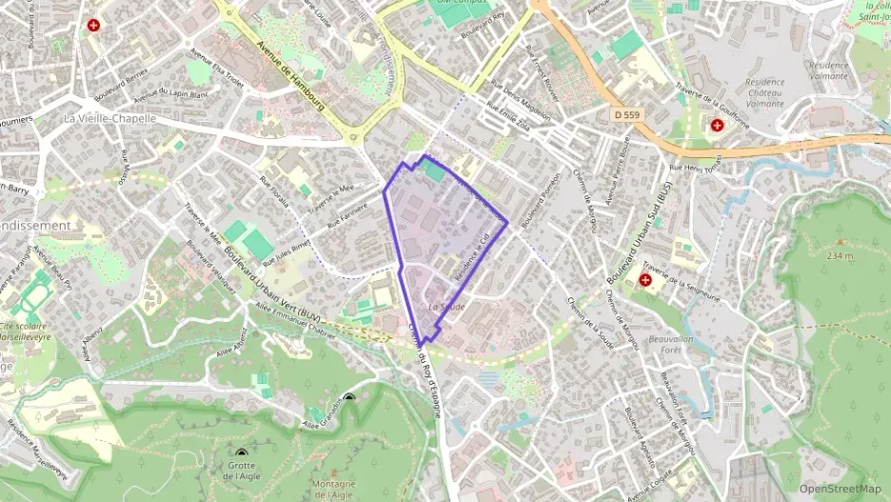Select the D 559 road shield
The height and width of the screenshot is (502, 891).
tap(625, 114)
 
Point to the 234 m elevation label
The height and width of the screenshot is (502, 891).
tap(840, 255)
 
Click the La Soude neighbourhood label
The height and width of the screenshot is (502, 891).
tap(446, 307)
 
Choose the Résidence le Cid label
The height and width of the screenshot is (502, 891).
tap(477, 255)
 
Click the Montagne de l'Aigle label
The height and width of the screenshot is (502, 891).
tap(332, 489)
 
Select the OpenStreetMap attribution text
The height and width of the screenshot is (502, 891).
tap(840, 489)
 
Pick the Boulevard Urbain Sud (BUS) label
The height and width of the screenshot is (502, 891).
tap(640, 231)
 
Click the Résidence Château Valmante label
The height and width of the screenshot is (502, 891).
tap(752, 93)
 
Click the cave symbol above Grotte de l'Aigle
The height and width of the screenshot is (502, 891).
tap(242, 455)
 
